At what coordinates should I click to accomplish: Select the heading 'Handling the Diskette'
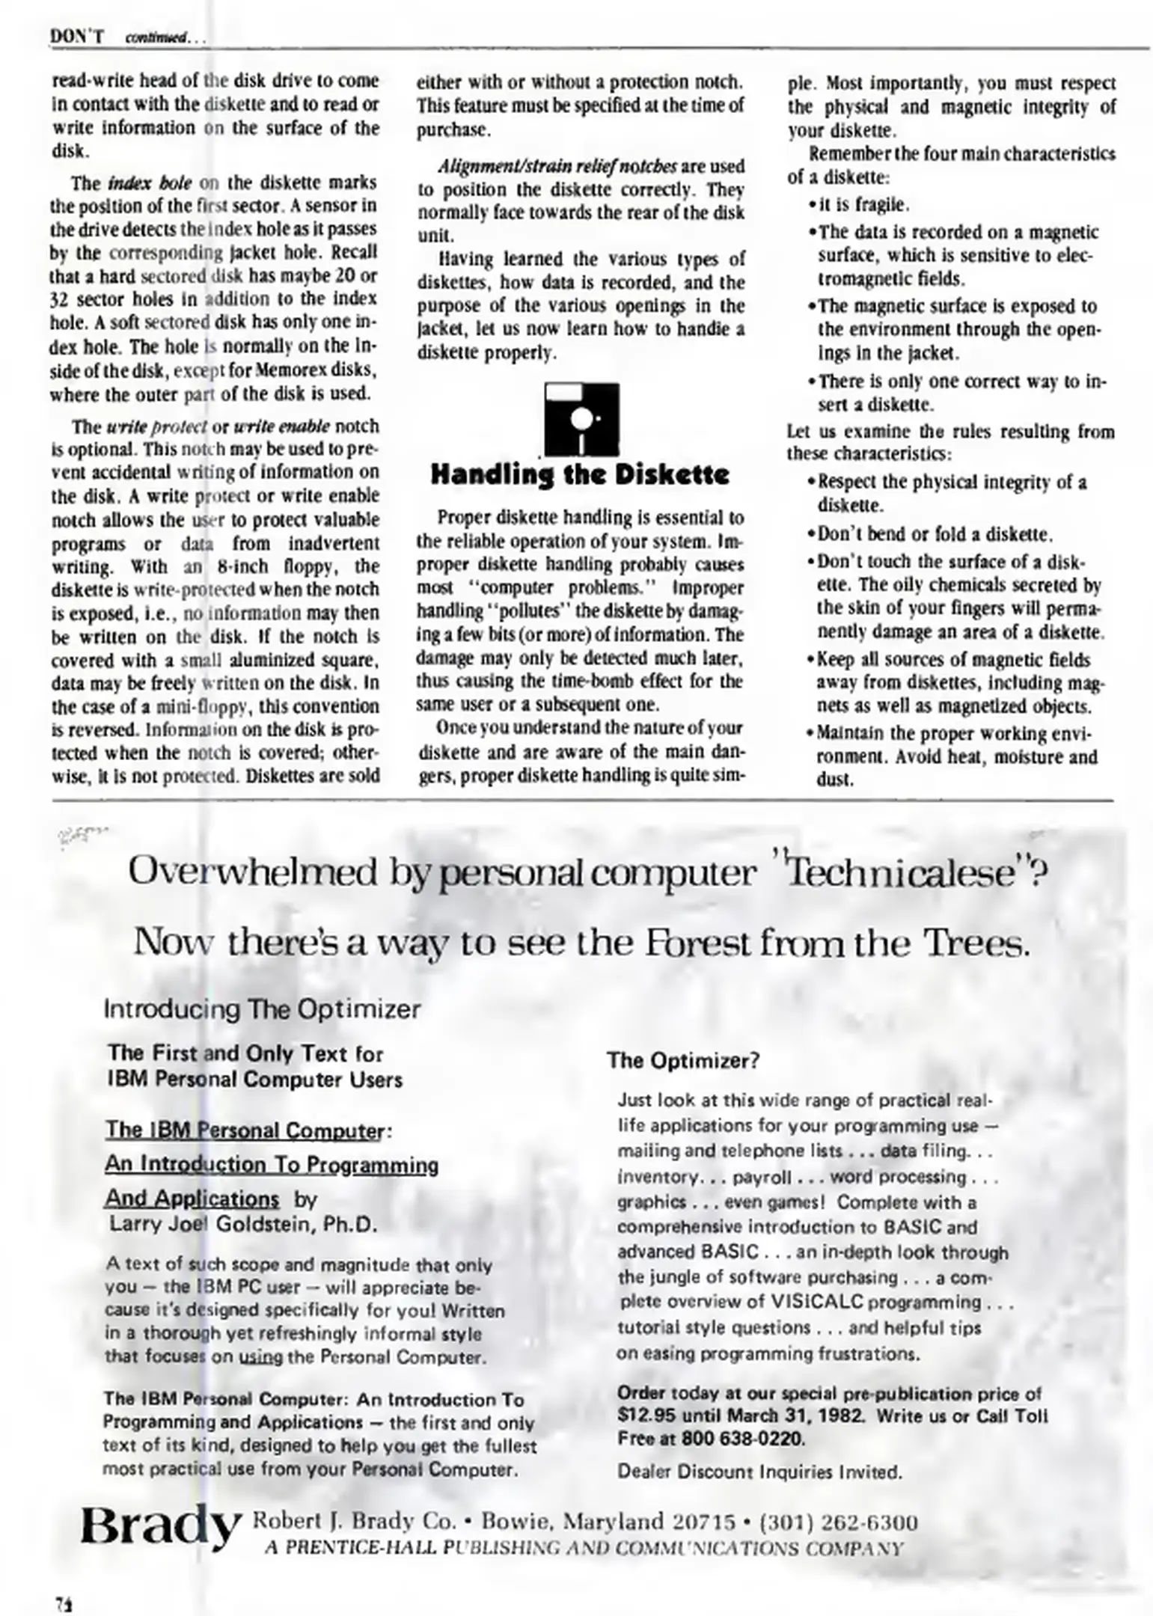(x=580, y=476)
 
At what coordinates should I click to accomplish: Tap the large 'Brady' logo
(x=161, y=1526)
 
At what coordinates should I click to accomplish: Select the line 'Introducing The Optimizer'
(x=262, y=1009)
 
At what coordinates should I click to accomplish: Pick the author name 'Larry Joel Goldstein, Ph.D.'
(x=243, y=1225)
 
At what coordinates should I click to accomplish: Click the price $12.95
(x=644, y=1416)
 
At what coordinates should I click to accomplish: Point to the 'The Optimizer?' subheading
(x=683, y=1061)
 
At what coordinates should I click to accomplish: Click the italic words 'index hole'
(x=150, y=183)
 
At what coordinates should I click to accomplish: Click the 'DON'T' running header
(x=76, y=36)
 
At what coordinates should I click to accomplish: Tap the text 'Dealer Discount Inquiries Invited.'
(x=759, y=1472)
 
